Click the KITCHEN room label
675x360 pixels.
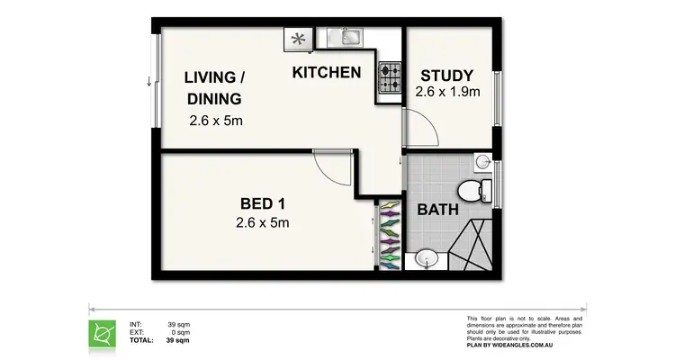pos(327,72)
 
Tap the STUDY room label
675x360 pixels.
pos(445,76)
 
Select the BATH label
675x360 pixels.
pos(438,210)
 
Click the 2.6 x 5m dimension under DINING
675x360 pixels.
pos(216,121)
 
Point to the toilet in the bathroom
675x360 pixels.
pos(472,190)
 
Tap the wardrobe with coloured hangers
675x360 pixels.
pos(389,234)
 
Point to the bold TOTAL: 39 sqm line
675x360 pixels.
pos(160,341)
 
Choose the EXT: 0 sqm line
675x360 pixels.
pos(160,332)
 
